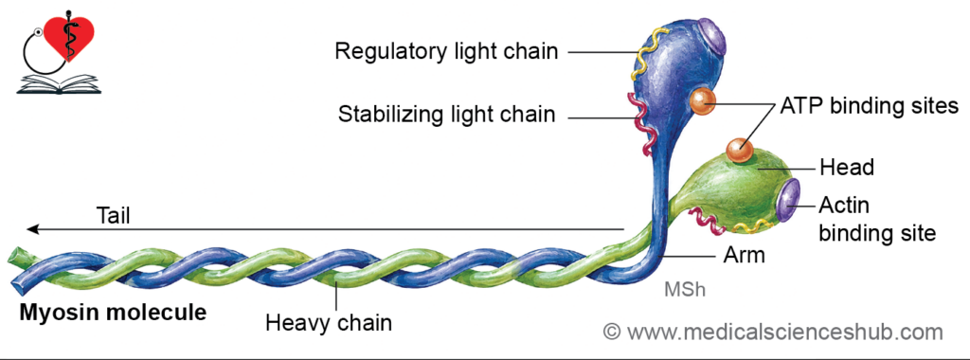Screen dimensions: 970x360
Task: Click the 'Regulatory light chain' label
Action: (446, 51)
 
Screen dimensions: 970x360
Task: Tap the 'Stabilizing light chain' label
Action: (447, 115)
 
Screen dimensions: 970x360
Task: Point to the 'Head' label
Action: (846, 167)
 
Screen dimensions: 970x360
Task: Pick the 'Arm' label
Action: (745, 255)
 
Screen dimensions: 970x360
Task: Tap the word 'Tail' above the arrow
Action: (114, 216)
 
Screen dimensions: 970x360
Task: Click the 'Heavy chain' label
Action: (329, 322)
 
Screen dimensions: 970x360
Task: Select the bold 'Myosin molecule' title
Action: (114, 313)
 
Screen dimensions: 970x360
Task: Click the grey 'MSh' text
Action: (685, 290)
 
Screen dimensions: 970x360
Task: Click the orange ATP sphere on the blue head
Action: (703, 101)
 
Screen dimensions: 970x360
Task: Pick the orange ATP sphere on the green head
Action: (739, 151)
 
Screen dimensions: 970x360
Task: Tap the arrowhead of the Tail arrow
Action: (33, 229)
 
